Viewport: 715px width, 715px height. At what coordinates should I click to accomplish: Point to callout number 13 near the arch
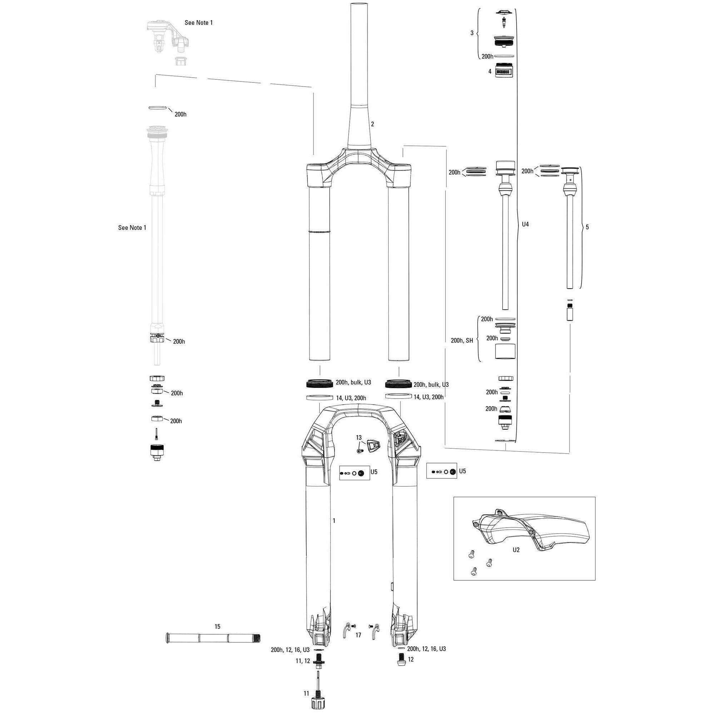pyautogui.click(x=359, y=438)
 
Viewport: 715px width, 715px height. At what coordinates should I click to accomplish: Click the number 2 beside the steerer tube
pyautogui.click(x=372, y=124)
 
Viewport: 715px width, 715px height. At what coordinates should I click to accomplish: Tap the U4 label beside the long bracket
pyautogui.click(x=525, y=224)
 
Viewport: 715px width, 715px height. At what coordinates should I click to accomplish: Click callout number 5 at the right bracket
pyautogui.click(x=587, y=227)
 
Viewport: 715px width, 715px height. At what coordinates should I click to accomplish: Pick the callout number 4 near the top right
pyautogui.click(x=490, y=71)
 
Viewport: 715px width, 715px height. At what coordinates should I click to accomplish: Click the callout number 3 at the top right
pyautogui.click(x=472, y=33)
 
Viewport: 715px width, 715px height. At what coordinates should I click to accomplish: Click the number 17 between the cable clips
pyautogui.click(x=358, y=635)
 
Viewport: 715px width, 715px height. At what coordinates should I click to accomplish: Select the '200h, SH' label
pyautogui.click(x=462, y=340)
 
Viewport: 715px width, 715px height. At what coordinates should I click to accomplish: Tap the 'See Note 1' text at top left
pyautogui.click(x=199, y=23)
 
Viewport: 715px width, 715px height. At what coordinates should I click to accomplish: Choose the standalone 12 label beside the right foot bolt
pyautogui.click(x=411, y=660)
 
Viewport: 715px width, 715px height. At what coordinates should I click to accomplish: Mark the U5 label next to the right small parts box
pyautogui.click(x=462, y=471)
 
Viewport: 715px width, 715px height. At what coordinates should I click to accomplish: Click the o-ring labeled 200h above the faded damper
pyautogui.click(x=157, y=108)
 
